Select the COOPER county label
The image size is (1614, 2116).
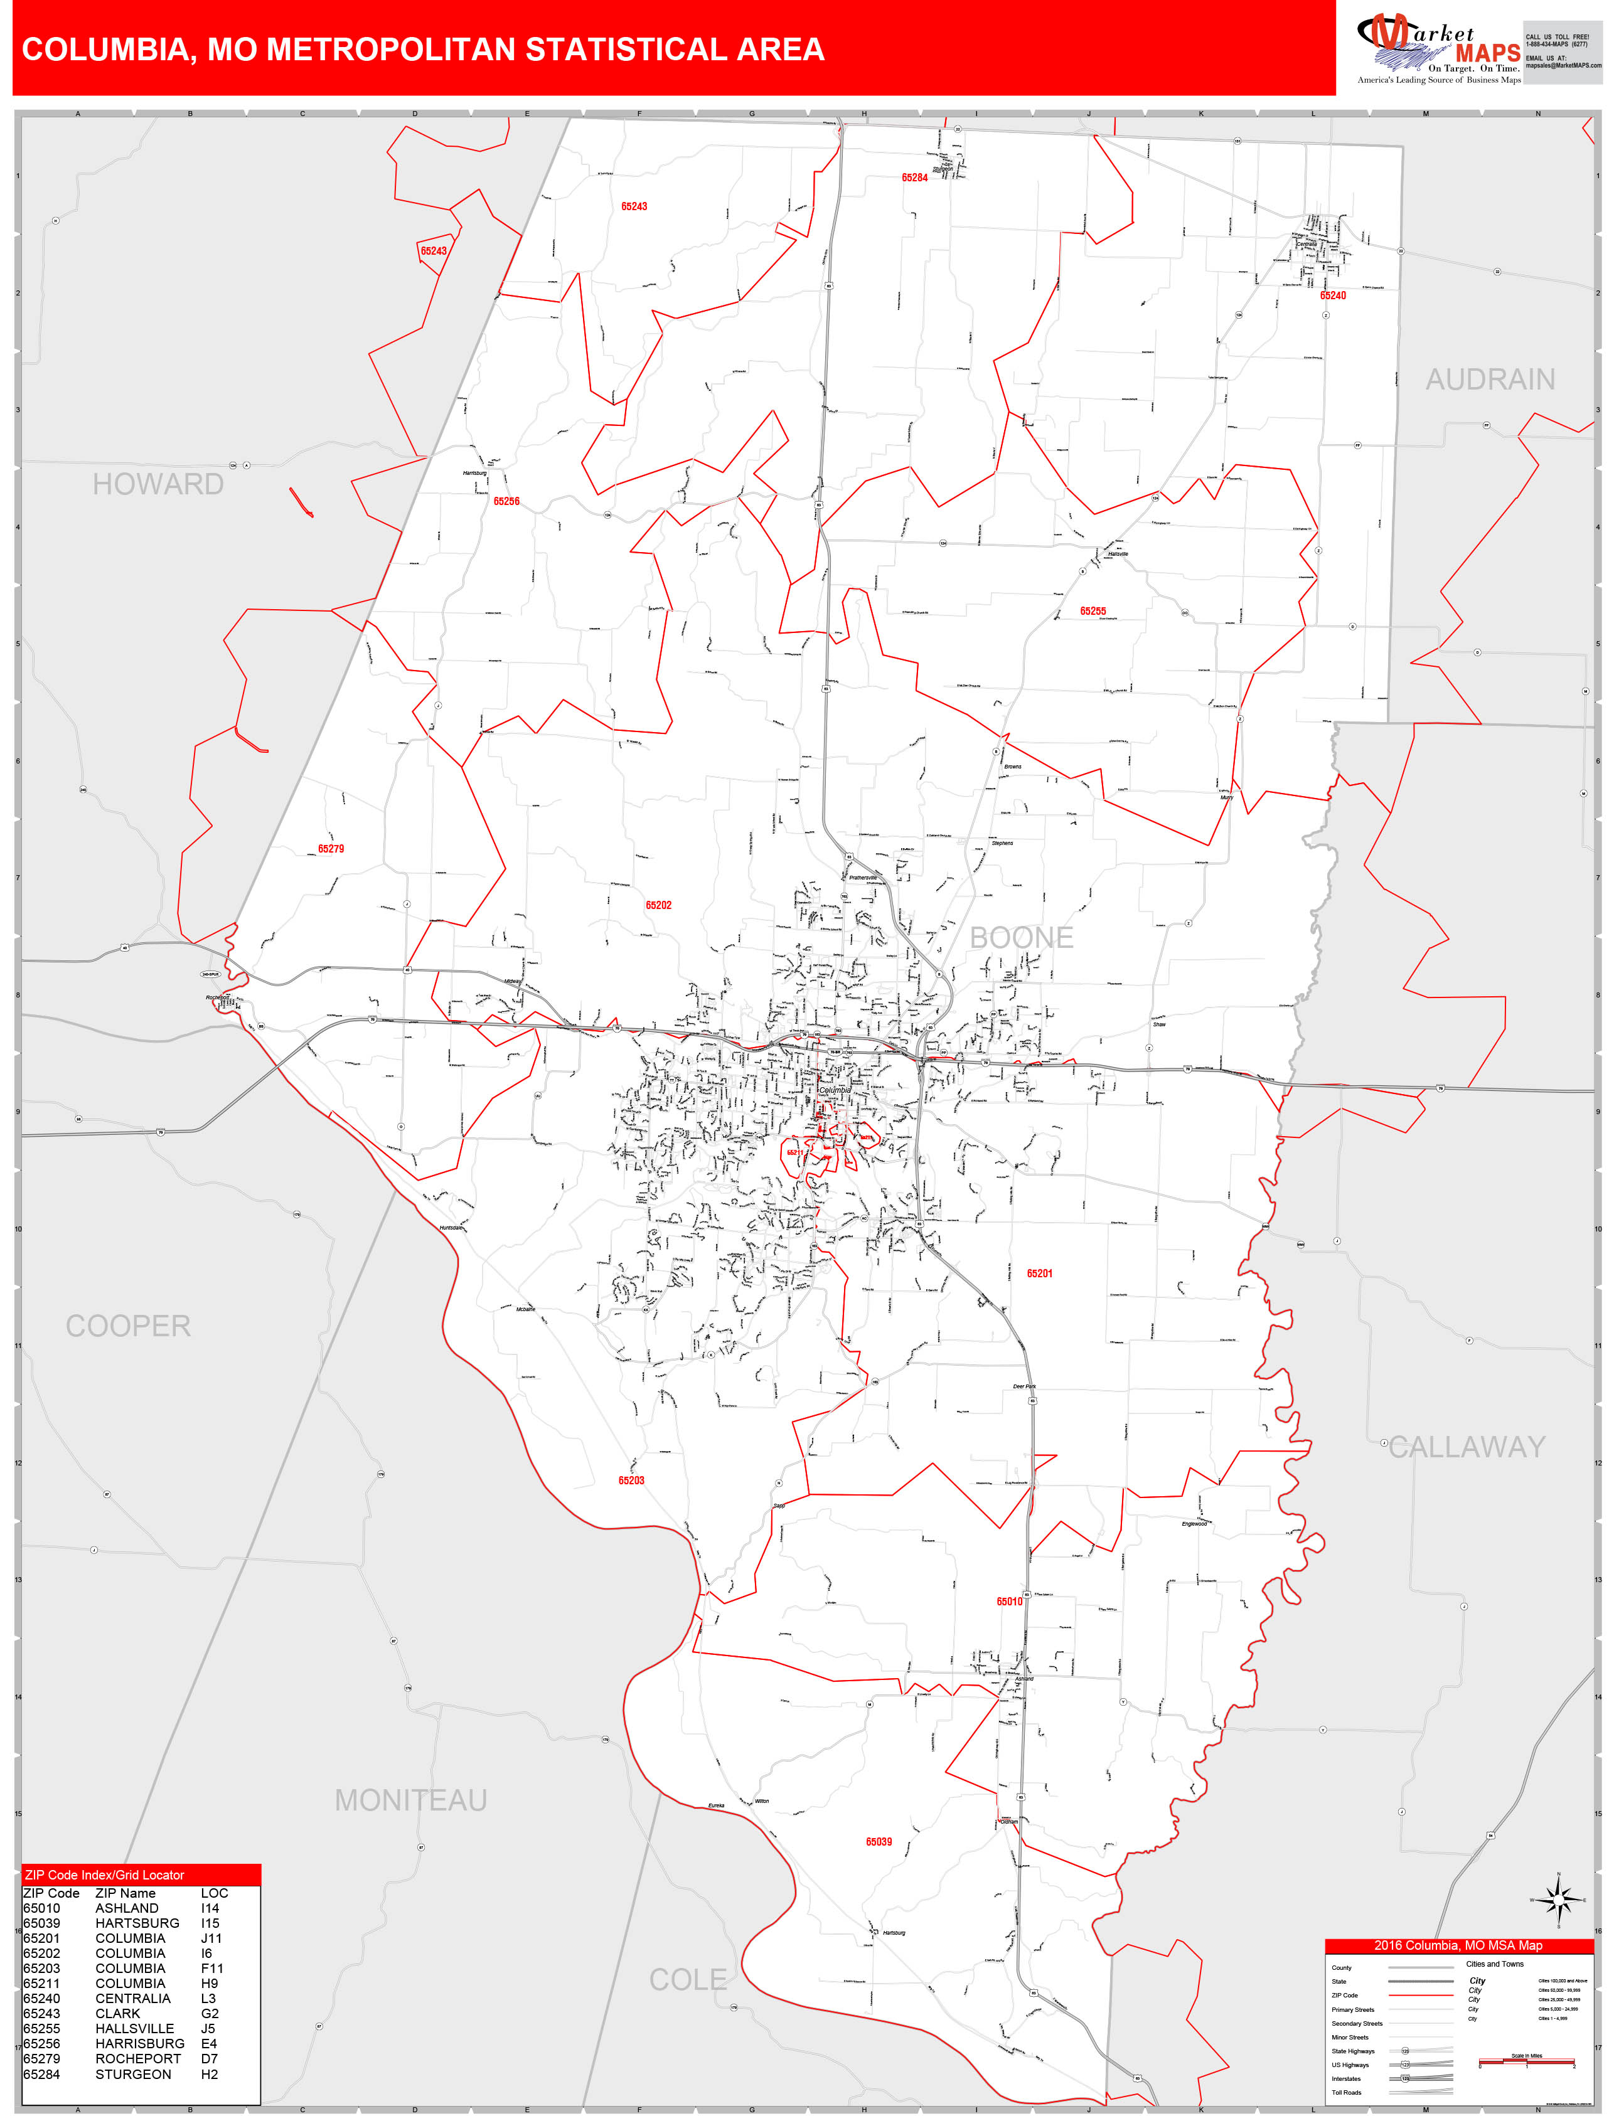tap(128, 1326)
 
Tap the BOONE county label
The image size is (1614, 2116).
tap(1021, 937)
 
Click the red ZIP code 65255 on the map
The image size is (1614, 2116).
tap(1093, 611)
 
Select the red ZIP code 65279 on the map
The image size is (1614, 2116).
tap(331, 849)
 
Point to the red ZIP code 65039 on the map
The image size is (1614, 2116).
tap(878, 1841)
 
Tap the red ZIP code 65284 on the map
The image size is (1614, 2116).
tap(914, 178)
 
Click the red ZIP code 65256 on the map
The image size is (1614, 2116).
tap(506, 501)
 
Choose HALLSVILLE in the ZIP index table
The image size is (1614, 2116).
tap(134, 2029)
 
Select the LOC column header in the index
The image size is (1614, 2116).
tap(214, 1893)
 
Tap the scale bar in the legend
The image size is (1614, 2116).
tap(1527, 2061)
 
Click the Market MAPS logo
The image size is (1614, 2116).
tap(1438, 48)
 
